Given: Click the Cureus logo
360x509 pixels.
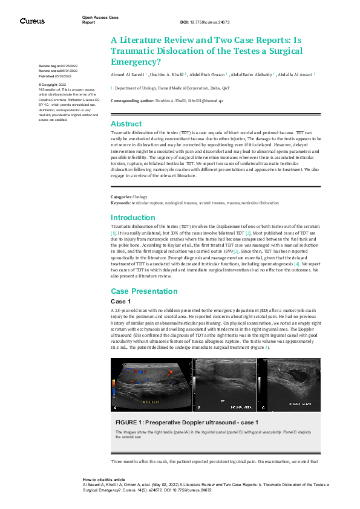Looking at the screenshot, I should tap(32, 21).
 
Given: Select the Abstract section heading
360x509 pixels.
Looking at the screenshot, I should tap(126, 123).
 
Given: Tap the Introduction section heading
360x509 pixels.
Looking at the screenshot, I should tap(133, 218).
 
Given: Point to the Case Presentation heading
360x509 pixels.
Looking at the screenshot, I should tap(143, 291).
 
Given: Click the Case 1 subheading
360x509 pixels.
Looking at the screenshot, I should tap(121, 301).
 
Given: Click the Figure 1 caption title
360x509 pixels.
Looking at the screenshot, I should tap(186, 422).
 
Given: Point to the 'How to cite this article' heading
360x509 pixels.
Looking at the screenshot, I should tap(105, 479).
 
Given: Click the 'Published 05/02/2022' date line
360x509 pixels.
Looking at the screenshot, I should tap(55, 77).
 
